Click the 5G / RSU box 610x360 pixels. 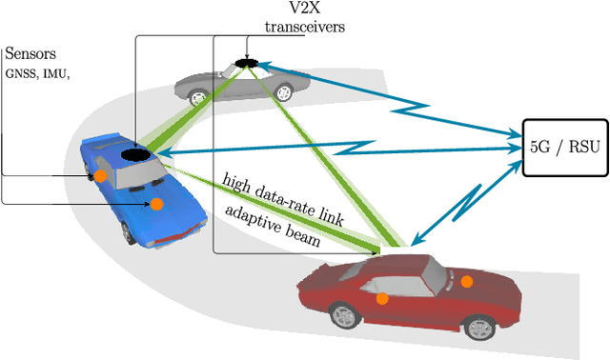[565, 147]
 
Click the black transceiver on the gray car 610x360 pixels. [247, 63]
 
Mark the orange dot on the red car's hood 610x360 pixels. [466, 281]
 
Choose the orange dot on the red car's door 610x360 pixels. [382, 298]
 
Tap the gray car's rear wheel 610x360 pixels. [283, 92]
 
